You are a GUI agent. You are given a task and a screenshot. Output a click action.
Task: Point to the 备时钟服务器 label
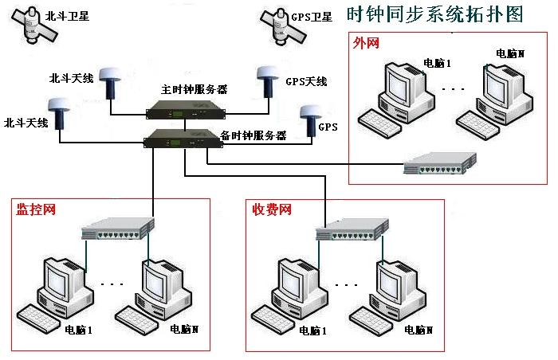coord(253,135)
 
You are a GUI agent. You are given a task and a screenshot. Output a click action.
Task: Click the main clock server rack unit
coord(183,117)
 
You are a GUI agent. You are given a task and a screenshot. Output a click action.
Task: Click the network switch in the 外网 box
coord(439,165)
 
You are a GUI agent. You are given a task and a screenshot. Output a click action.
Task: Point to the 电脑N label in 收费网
coord(417,330)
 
